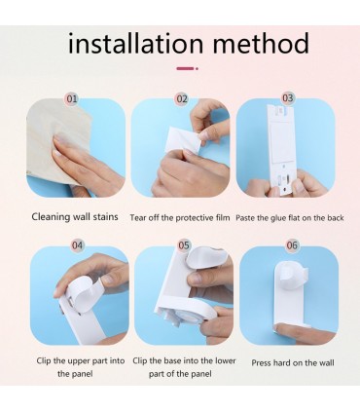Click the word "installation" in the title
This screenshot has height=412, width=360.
135,43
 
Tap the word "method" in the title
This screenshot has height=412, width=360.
261,43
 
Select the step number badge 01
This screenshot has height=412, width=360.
72,98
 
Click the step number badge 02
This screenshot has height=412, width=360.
182,98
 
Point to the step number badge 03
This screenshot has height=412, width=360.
287,97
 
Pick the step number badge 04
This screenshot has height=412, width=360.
77,245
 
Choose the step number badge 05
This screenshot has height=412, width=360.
184,245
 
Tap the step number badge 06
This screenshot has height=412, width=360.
292,245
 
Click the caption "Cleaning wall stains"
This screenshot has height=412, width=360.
75,216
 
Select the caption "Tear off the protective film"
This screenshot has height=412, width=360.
180,217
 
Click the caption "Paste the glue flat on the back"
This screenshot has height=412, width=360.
290,217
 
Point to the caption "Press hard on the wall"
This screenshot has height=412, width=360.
293,362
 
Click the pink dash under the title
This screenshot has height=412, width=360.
187,68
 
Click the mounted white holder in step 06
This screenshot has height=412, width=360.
291,292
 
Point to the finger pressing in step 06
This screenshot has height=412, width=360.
304,332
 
